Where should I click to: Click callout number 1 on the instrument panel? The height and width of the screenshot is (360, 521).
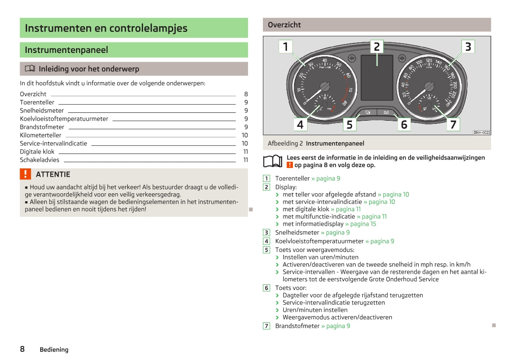click(x=286, y=46)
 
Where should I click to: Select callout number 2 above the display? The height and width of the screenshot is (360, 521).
click(x=377, y=46)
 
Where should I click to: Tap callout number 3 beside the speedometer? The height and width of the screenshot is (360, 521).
click(x=468, y=46)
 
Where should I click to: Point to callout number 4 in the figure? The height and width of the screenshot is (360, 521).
click(x=300, y=125)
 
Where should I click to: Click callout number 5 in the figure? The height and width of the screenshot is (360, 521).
click(x=349, y=125)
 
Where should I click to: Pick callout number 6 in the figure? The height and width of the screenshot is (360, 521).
click(x=404, y=125)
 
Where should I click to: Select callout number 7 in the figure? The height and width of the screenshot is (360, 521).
click(x=453, y=125)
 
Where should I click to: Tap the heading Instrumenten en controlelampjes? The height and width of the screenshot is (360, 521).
click(x=106, y=28)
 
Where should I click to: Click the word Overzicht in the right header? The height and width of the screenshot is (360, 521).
click(x=284, y=25)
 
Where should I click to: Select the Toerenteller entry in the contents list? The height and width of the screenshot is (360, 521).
click(x=37, y=102)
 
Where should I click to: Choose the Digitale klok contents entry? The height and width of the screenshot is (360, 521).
click(x=37, y=152)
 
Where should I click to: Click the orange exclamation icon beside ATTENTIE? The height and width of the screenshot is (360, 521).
click(x=26, y=174)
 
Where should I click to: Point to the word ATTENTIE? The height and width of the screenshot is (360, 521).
click(x=53, y=175)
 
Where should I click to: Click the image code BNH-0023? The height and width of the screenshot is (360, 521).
click(x=482, y=133)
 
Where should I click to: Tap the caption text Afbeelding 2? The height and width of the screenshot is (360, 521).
click(x=285, y=143)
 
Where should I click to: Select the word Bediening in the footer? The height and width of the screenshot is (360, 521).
click(x=54, y=350)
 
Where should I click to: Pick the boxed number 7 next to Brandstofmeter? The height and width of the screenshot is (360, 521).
click(x=266, y=326)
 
